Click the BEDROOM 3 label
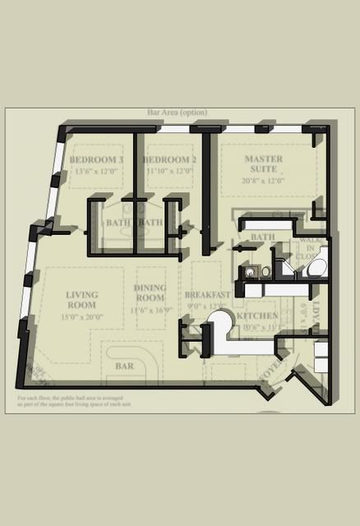[96, 159]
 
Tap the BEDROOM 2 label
[169, 159]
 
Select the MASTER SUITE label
[263, 164]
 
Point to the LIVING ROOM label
[82, 300]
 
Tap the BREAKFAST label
[206, 295]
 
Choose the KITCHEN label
[257, 316]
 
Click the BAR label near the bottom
[125, 365]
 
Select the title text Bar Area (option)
[177, 113]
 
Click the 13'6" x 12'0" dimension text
[96, 172]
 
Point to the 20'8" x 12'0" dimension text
[263, 181]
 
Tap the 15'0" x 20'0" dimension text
[82, 316]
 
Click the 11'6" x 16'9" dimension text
[150, 311]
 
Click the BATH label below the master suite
[262, 238]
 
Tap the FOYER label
[271, 370]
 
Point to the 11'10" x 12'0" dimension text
[169, 172]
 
